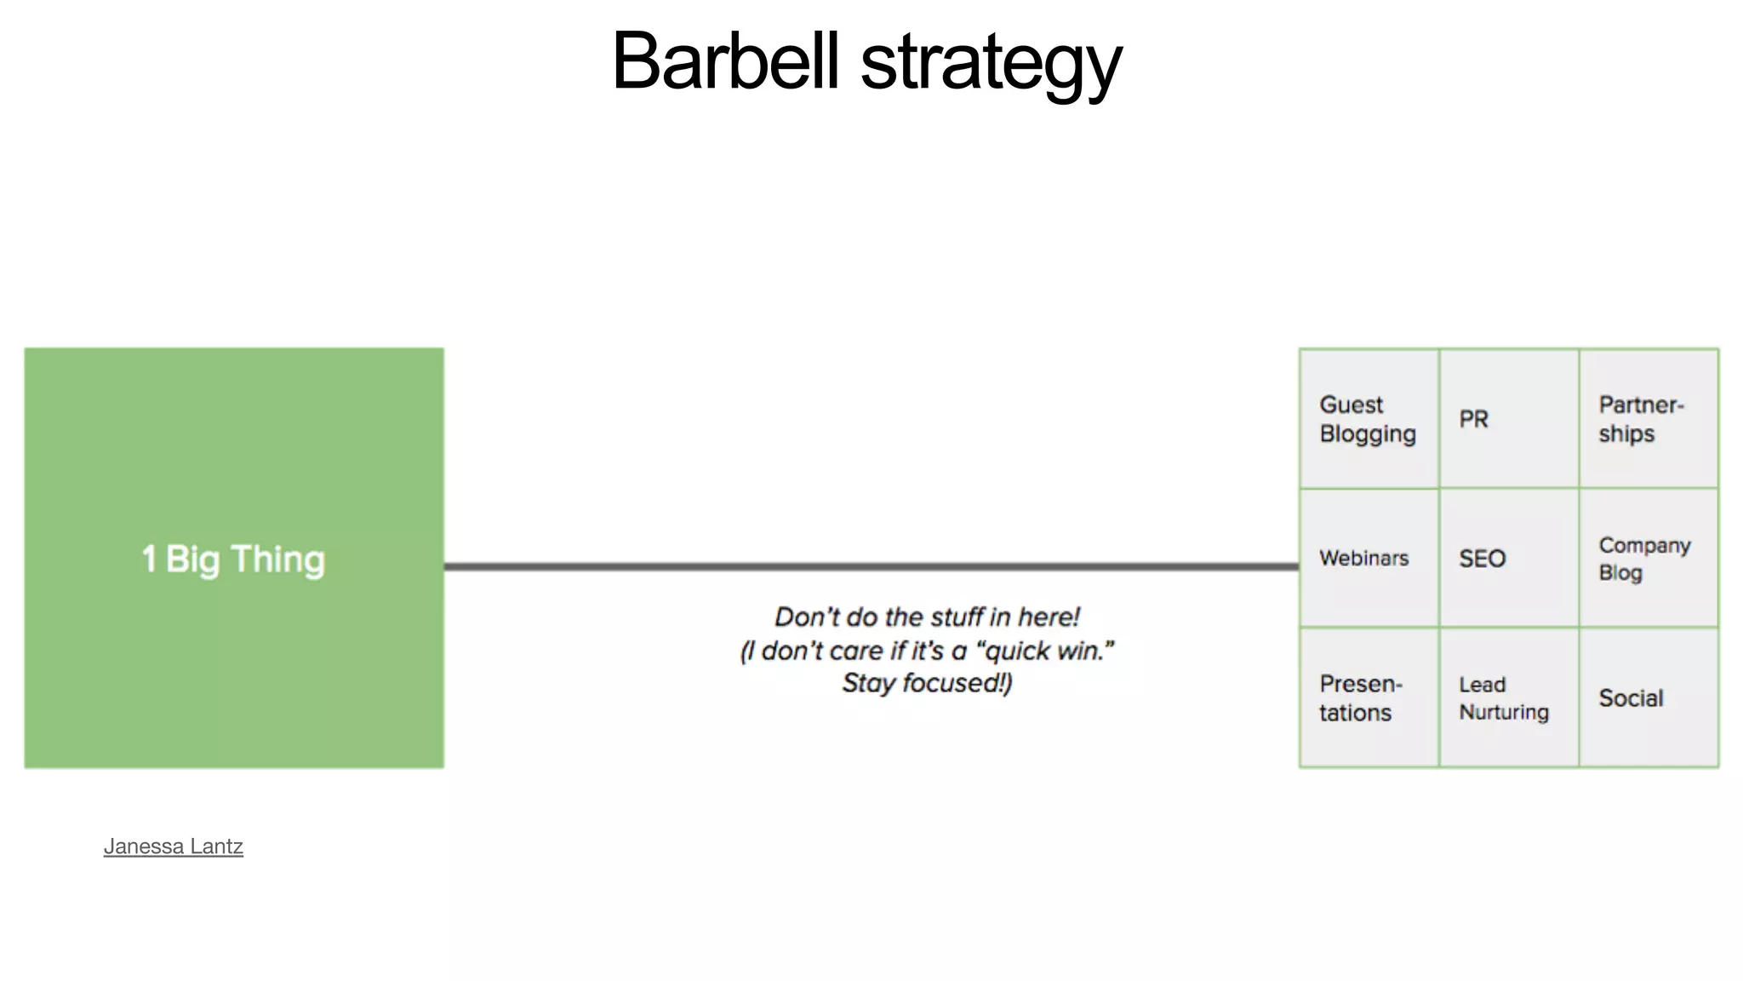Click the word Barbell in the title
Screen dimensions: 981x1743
tap(725, 61)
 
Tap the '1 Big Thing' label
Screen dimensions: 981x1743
tap(233, 559)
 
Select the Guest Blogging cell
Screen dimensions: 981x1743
tap(1369, 419)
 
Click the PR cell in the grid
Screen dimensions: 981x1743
tap(1508, 419)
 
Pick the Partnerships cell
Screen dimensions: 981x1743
tap(1648, 419)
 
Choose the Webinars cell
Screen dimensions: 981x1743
tap(1369, 559)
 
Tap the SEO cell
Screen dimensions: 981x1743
tap(1508, 559)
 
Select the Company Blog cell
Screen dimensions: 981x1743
tap(1648, 559)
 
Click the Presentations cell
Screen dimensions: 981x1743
tap(1369, 698)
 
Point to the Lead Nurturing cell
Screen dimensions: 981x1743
tap(1508, 698)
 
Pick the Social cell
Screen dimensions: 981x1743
tap(1648, 698)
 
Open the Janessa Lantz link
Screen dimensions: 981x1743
tap(174, 846)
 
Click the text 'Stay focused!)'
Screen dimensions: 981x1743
tap(927, 683)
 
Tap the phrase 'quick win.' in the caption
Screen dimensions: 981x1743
tap(1050, 651)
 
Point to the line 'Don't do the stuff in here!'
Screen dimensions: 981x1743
tap(927, 617)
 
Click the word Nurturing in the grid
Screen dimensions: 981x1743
tap(1504, 712)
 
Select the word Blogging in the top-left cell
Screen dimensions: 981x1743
tap(1368, 434)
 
